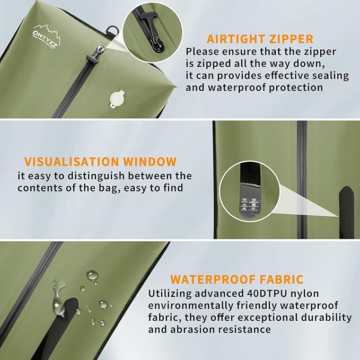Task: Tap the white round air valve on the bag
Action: click(x=117, y=99)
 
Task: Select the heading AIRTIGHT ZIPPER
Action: click(x=260, y=39)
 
